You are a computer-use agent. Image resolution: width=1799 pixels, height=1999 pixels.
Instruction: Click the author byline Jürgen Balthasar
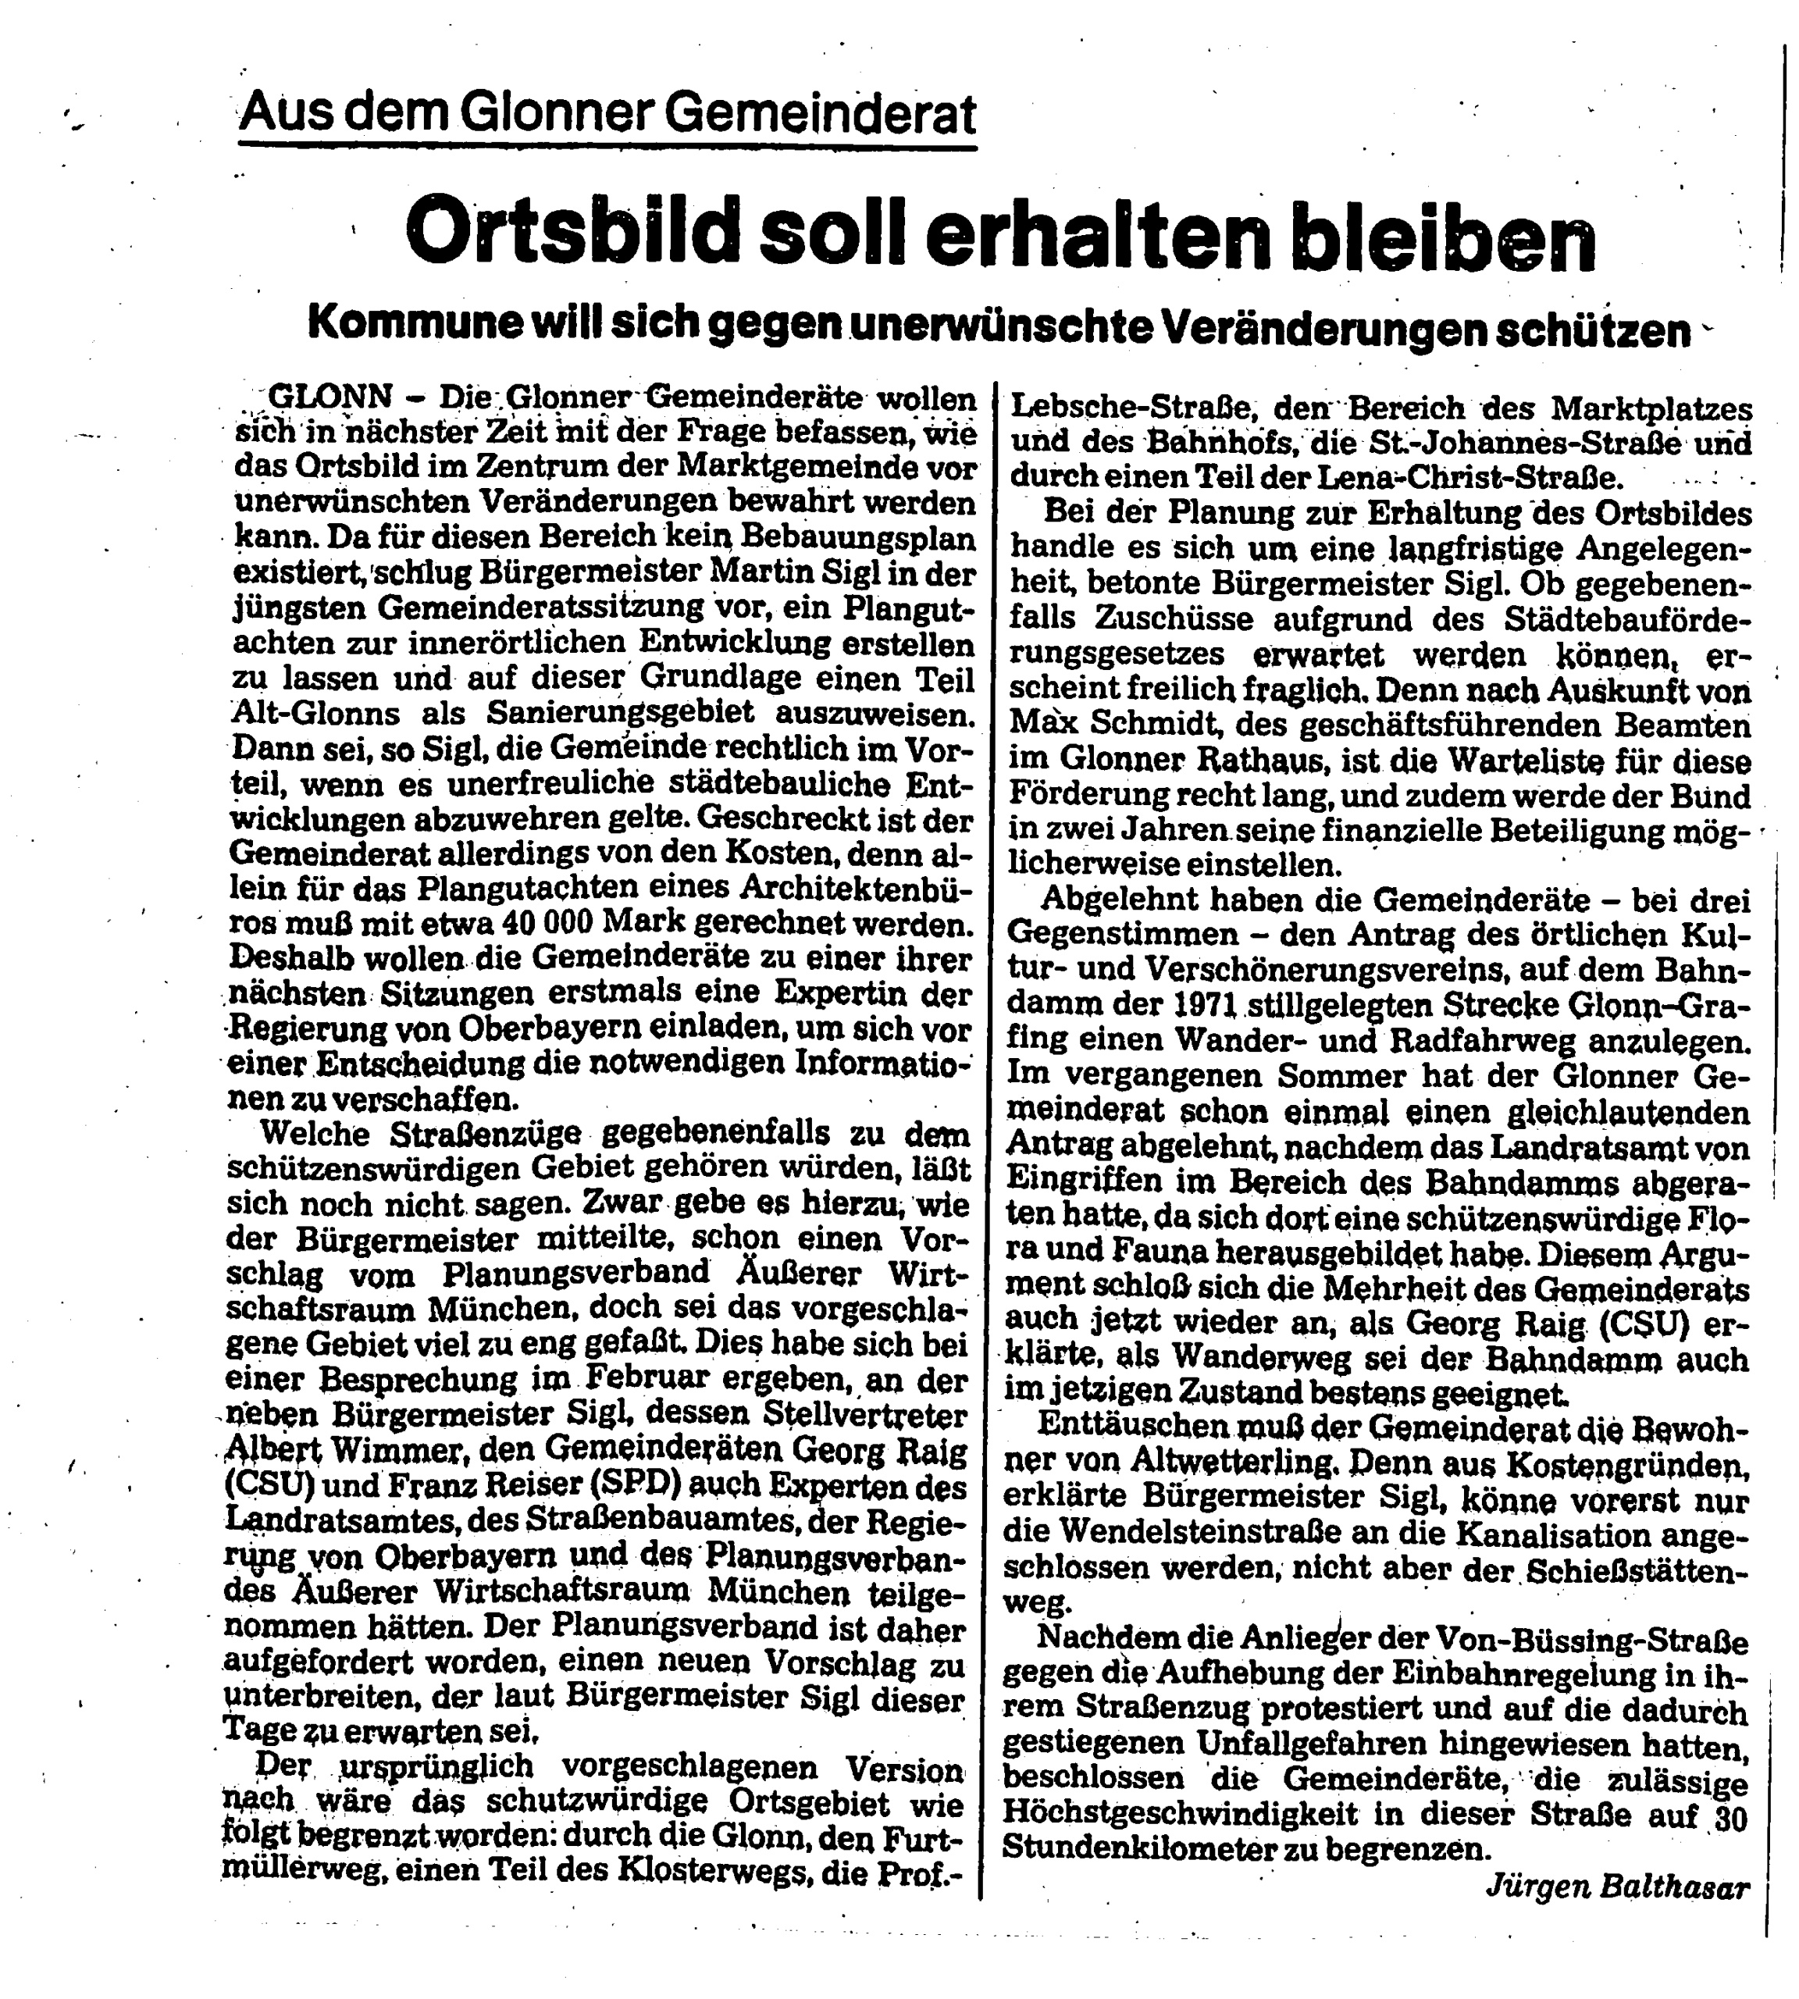tap(1617, 1887)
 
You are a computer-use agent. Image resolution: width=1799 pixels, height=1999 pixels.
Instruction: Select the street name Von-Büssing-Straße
tap(1591, 1640)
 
